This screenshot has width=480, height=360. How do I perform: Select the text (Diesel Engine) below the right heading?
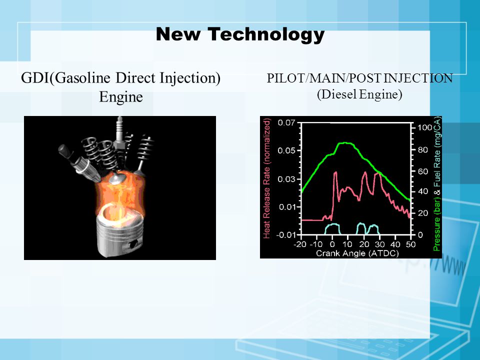point(359,94)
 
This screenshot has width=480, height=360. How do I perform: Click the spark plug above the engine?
point(119,134)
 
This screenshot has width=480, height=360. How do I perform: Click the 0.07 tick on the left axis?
point(286,123)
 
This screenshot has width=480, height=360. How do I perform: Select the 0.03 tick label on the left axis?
point(286,179)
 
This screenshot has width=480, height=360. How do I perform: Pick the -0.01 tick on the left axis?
point(285,235)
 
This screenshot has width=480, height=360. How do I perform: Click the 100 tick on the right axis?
point(425,127)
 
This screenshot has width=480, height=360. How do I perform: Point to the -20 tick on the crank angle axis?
point(300,244)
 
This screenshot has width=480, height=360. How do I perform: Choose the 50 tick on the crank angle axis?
point(410,244)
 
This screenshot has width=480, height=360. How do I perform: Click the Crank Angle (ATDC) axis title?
point(357,253)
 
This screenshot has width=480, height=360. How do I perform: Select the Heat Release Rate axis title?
point(266,179)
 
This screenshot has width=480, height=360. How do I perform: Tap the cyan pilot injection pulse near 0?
point(332,228)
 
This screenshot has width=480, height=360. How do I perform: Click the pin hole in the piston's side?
point(133,244)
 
